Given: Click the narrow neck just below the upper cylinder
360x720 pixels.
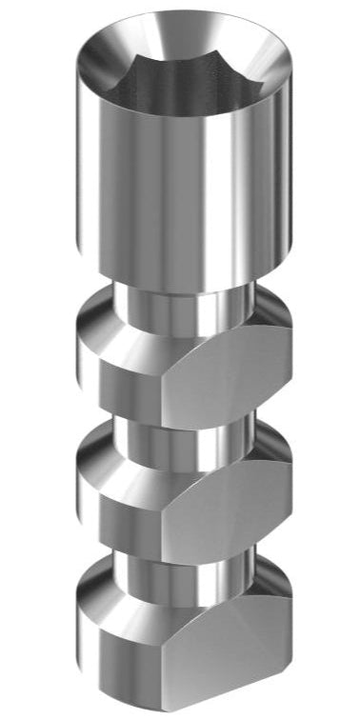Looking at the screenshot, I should [x=181, y=303].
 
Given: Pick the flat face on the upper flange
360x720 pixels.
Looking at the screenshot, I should [x=233, y=381].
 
